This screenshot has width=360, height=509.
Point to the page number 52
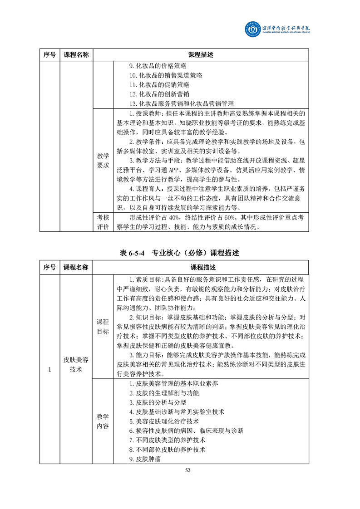[187, 470]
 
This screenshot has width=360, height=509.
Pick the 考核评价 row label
[103, 222]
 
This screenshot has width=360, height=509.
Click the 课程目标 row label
[103, 326]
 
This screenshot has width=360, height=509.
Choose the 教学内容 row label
[103, 421]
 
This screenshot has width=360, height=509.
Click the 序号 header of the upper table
[49, 55]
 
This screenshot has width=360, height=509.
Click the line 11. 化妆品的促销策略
[159, 85]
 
